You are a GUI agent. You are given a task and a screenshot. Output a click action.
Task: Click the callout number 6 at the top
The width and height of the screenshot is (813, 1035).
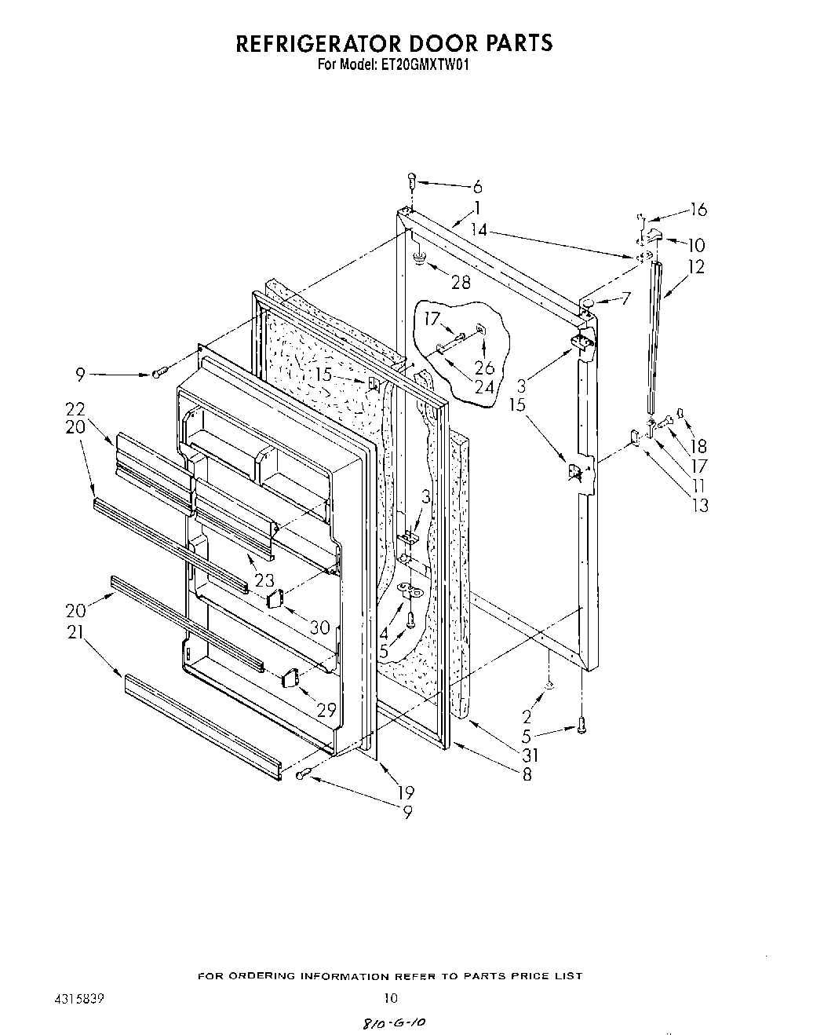point(477,187)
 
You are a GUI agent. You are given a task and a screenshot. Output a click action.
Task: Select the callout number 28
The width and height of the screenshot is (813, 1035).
point(461,282)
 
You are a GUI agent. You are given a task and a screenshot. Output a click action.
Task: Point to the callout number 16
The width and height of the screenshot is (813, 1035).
point(698,209)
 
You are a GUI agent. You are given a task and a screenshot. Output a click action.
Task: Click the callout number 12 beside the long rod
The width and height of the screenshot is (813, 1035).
point(695,266)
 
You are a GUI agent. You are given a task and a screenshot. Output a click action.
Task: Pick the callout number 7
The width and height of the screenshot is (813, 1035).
point(625,298)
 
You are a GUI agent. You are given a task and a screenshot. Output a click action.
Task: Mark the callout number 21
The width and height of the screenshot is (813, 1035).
point(75,628)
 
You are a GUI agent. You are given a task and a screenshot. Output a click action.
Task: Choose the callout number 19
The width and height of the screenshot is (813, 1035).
point(406,792)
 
